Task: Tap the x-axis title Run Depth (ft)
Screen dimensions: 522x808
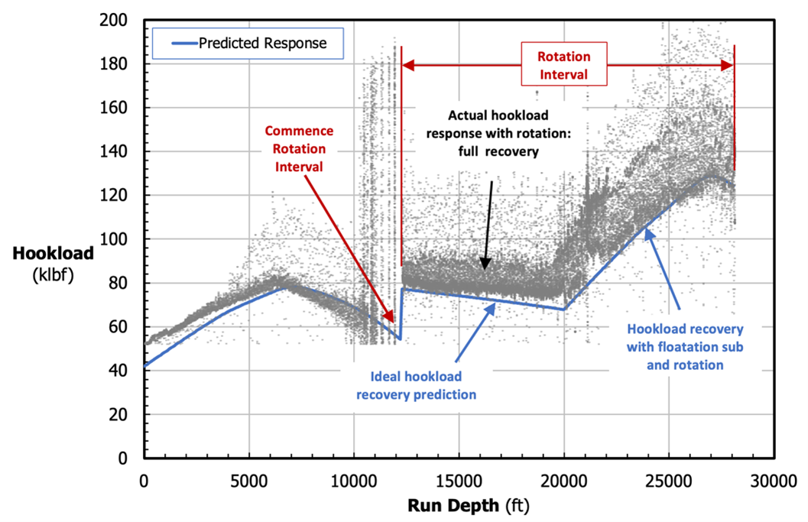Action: point(459,504)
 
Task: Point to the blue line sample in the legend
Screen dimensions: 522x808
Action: point(177,44)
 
